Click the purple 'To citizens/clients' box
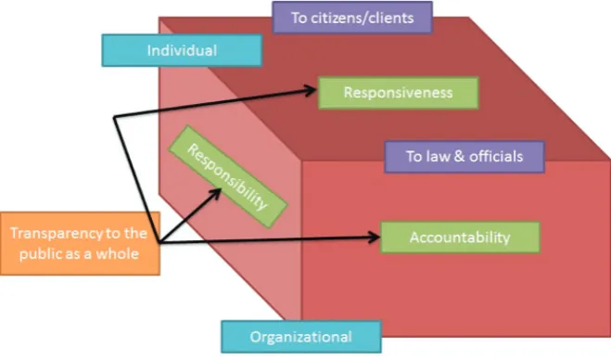(352, 18)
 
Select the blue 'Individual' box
(182, 50)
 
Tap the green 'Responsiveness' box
(399, 93)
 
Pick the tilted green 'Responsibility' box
(228, 176)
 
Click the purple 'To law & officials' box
(465, 157)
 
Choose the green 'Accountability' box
(460, 238)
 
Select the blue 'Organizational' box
(301, 337)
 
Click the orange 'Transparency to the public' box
(81, 243)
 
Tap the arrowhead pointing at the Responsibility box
(215, 194)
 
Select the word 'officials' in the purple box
(496, 157)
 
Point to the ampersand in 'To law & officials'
(460, 157)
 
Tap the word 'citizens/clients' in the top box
(362, 18)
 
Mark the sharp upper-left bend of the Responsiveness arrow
(114, 117)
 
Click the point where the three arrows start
(159, 243)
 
